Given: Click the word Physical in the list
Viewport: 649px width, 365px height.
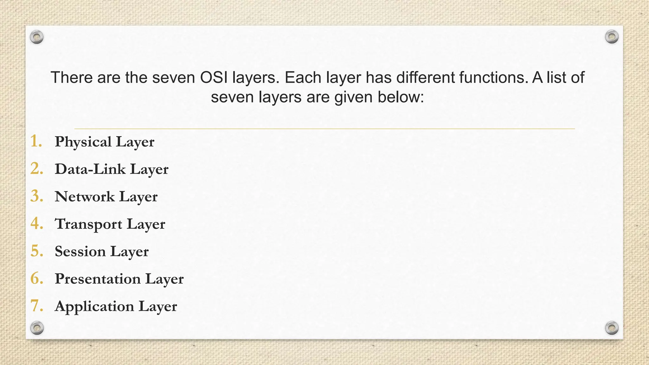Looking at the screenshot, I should [x=83, y=142].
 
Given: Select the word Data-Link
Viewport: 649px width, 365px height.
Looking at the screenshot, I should [x=90, y=169].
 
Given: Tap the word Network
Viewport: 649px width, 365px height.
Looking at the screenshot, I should [x=85, y=197].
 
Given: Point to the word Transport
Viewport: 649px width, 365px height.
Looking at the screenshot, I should [x=88, y=224].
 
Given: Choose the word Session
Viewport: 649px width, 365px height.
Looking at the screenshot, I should [x=80, y=252].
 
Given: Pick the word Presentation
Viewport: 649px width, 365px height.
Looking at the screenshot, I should [x=98, y=279].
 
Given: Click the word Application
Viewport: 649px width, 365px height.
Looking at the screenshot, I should [x=94, y=306].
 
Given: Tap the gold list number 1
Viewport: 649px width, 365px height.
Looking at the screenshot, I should [x=36, y=141].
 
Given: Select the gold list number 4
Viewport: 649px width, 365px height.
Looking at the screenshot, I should [x=36, y=224].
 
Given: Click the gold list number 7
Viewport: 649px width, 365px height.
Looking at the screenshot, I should [x=36, y=306].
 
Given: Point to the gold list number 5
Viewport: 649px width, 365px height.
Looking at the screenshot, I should [x=36, y=251].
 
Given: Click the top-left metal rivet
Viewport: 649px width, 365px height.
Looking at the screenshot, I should [x=37, y=37].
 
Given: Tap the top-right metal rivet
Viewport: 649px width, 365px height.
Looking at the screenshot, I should [x=612, y=37].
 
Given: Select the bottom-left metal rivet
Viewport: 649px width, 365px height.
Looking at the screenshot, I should [x=37, y=328].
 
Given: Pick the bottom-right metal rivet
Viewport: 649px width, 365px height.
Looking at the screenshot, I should [x=612, y=328].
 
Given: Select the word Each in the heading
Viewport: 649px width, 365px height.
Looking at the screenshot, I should [x=303, y=78].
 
